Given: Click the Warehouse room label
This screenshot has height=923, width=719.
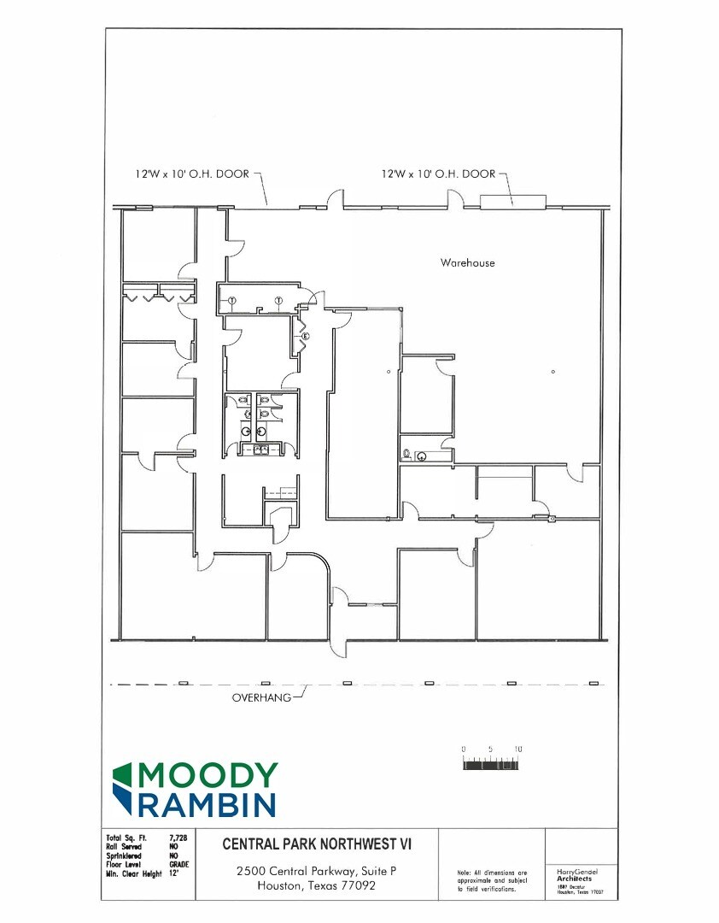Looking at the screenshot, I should [467, 262].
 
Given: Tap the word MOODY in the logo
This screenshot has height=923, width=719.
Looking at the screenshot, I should [208, 776].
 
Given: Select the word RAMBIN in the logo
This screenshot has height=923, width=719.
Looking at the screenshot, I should [208, 804].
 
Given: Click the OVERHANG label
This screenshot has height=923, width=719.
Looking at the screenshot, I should [261, 697].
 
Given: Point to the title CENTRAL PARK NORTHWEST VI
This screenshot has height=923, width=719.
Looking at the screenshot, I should [317, 844].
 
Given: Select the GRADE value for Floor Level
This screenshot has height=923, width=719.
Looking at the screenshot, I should [179, 864].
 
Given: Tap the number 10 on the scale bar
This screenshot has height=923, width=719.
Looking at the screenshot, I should [517, 749].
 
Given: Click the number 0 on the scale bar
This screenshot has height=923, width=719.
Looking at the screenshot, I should [464, 749].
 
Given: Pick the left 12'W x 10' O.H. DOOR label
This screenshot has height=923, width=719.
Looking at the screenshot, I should [192, 173].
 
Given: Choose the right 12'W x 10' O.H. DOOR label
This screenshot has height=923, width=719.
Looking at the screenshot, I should [438, 173].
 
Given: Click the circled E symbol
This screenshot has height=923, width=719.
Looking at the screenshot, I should [304, 337].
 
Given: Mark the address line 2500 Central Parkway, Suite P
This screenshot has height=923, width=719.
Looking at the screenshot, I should [317, 871].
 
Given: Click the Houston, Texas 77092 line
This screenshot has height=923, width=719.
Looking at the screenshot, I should [317, 885].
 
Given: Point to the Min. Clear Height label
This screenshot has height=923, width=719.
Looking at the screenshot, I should [134, 873].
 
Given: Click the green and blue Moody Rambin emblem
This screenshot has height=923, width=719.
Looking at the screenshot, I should [124, 789].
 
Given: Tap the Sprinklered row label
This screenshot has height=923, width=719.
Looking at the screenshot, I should [126, 855].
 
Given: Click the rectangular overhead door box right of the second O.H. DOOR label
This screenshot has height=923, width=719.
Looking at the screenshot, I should [512, 202].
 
